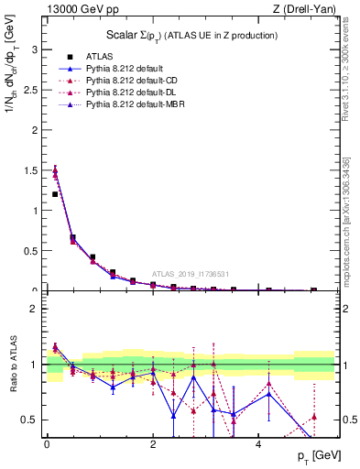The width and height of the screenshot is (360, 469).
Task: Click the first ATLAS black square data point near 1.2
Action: [x=56, y=194]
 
